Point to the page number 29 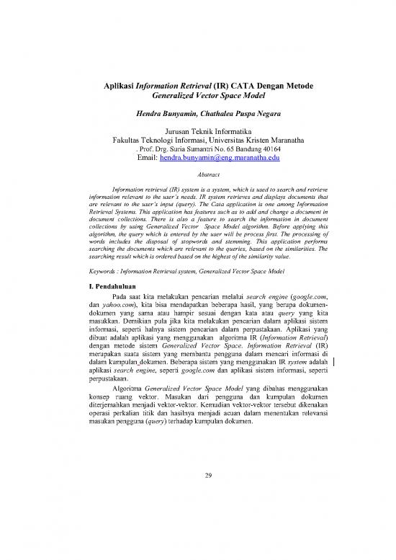(198, 496)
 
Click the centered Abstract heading (197, 174)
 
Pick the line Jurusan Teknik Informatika (198, 131)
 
